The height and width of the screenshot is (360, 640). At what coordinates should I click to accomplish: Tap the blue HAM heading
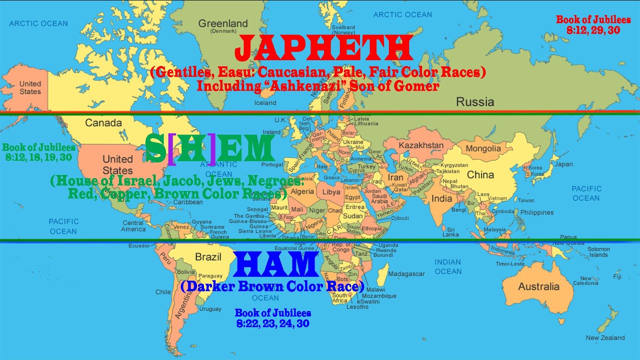(276, 265)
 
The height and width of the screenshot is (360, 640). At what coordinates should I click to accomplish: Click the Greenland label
(222, 23)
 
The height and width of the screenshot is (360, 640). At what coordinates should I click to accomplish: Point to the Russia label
(475, 102)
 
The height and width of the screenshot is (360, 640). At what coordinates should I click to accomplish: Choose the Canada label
(103, 123)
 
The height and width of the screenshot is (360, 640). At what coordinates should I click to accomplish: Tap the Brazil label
(208, 257)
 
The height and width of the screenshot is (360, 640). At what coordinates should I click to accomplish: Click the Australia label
(538, 286)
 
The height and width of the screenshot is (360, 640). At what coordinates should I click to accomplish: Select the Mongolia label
(483, 148)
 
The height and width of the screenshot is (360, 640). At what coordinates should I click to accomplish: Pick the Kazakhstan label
(420, 145)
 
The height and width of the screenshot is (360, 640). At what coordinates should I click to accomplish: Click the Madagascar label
(406, 274)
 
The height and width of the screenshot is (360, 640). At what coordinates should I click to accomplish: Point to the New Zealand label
(605, 337)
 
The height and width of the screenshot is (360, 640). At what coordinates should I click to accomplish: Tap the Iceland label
(265, 103)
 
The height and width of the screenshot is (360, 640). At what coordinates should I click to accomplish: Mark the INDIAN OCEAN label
(447, 266)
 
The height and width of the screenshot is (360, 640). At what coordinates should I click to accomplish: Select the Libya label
(330, 192)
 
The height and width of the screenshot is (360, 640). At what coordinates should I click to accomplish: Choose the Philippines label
(536, 212)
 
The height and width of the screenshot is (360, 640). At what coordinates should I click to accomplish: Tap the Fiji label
(617, 276)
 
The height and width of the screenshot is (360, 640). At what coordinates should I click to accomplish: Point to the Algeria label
(302, 192)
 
